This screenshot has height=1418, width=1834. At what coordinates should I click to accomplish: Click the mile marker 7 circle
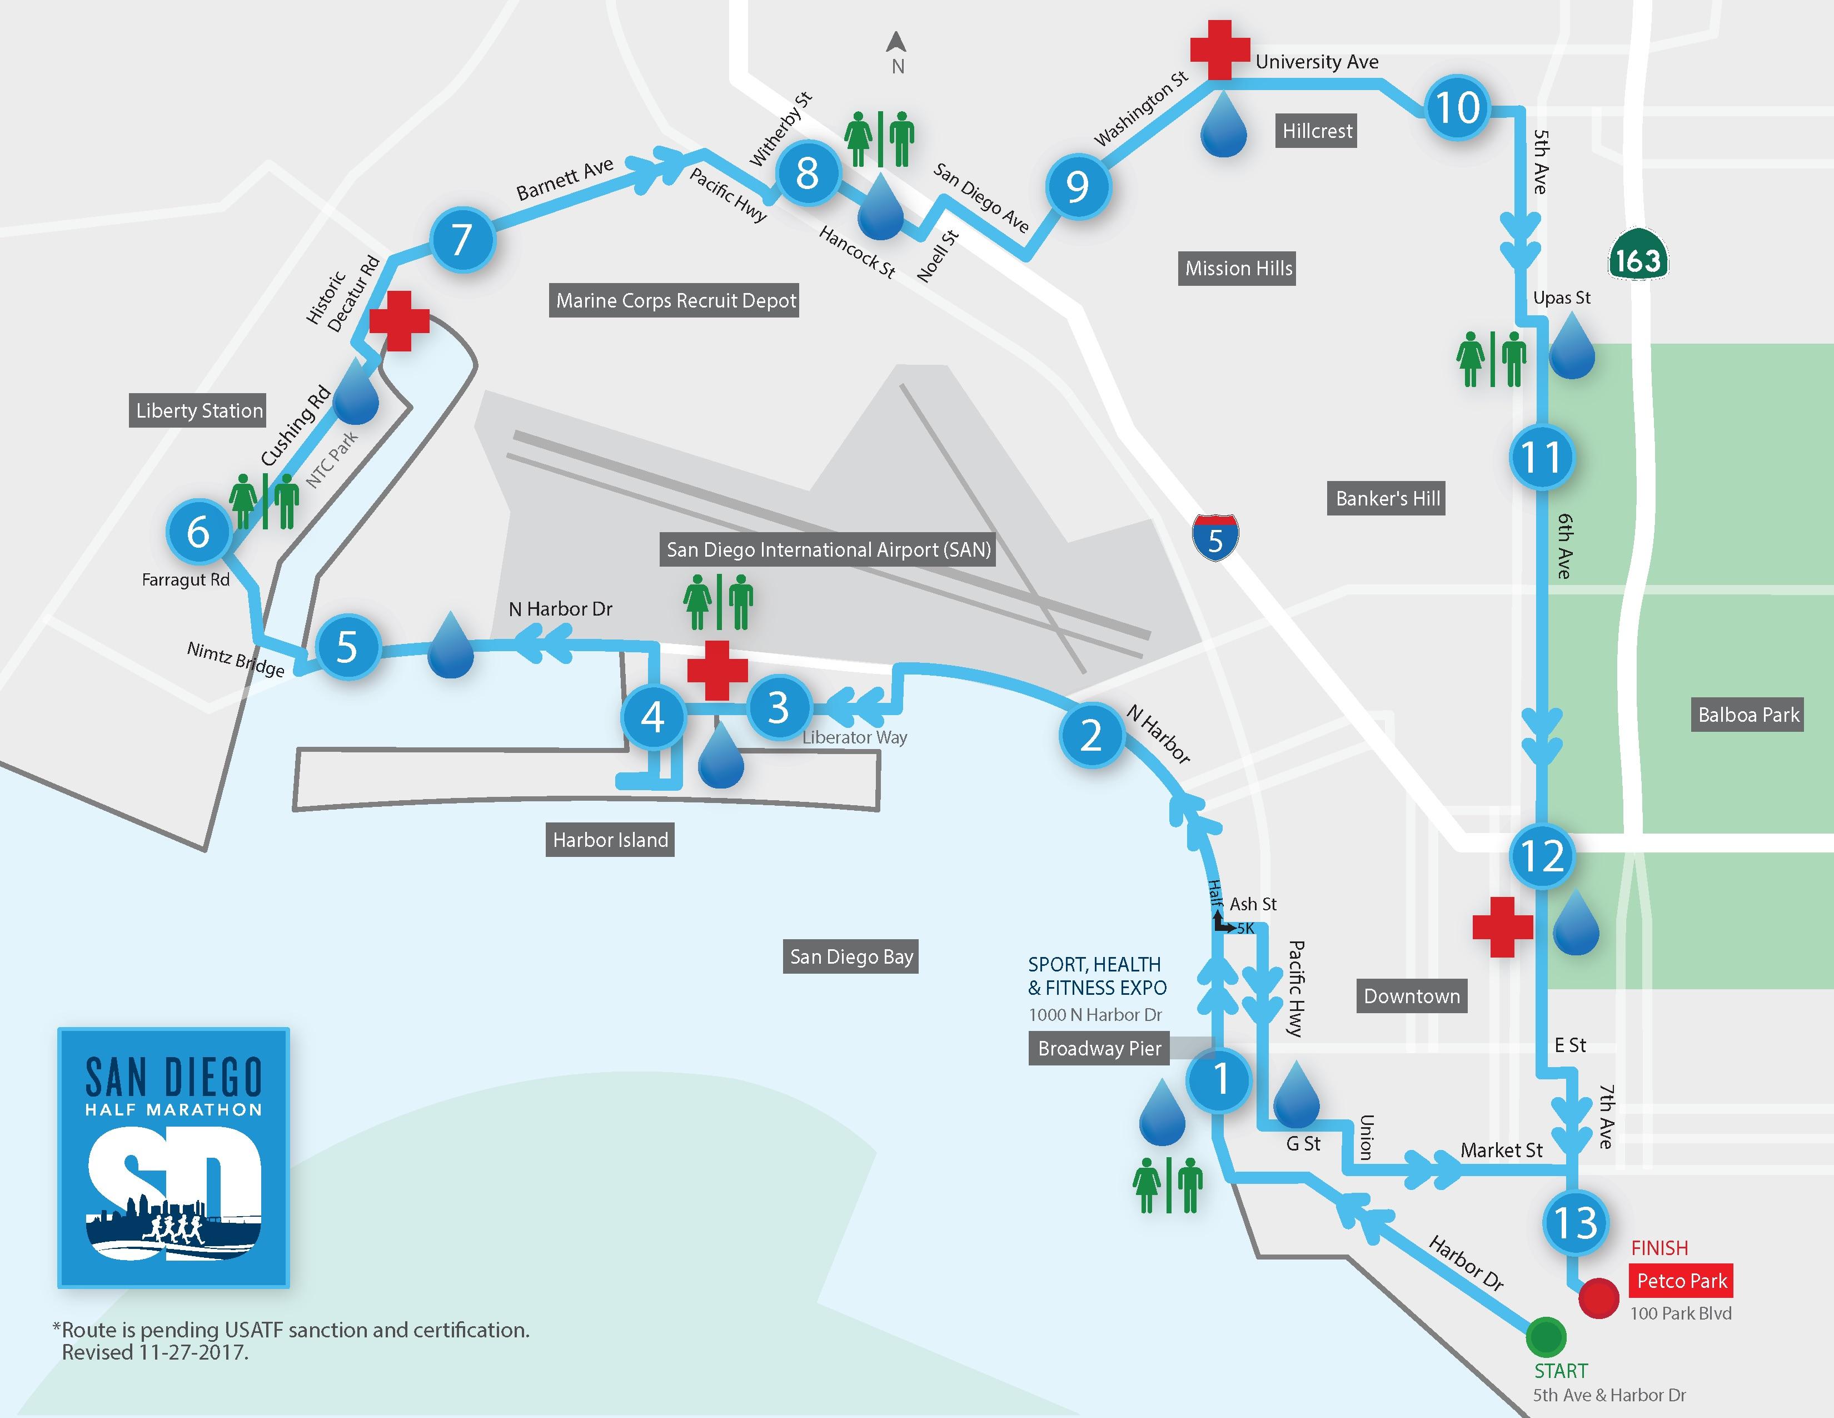[x=462, y=240]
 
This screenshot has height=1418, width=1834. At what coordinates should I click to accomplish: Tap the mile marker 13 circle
[x=1576, y=1223]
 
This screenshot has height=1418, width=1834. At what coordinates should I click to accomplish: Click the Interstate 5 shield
[x=1215, y=537]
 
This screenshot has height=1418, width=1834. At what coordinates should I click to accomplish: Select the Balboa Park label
[x=1748, y=715]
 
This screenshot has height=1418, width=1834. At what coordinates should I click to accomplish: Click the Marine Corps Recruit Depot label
[x=676, y=301]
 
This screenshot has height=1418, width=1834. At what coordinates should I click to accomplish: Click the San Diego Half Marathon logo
[x=174, y=1158]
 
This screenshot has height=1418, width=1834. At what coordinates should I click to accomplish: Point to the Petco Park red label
[x=1681, y=1281]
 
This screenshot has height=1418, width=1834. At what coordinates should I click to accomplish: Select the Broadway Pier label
[x=1099, y=1048]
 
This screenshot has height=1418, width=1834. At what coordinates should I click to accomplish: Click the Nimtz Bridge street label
[x=236, y=660]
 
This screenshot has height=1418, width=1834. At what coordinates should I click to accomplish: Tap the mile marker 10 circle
[x=1458, y=107]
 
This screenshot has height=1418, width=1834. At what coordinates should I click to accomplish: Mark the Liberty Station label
[x=199, y=411]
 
